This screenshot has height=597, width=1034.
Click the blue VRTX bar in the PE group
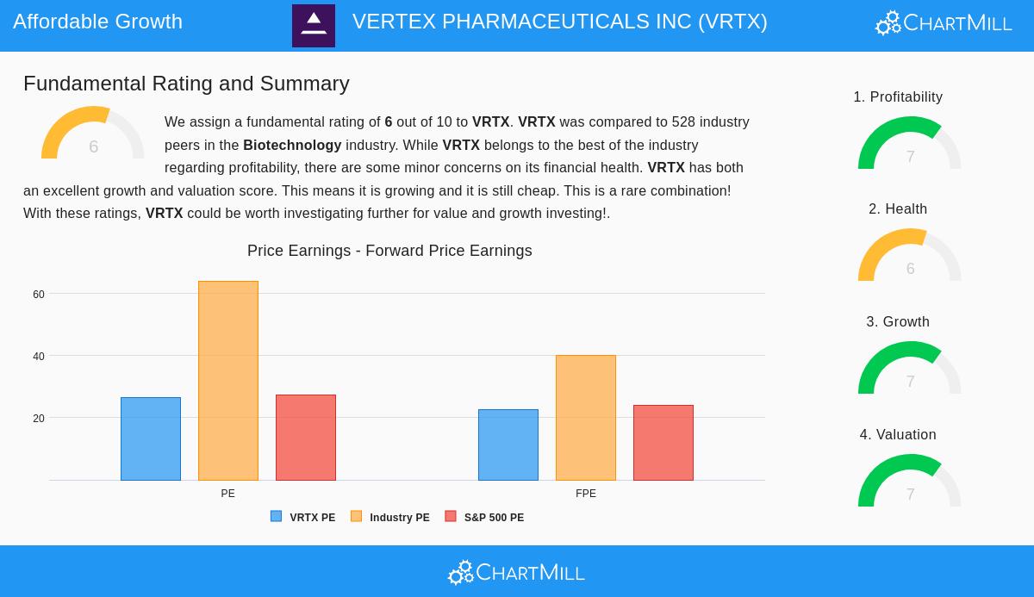coord(151,438)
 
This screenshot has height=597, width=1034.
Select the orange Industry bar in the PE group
coord(228,381)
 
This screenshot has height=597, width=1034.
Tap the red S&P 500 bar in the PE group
coord(306,438)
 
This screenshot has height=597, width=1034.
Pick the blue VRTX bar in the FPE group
coord(508,445)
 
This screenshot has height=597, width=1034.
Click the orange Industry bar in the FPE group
coord(586,418)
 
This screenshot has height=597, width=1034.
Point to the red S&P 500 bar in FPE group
coord(663,443)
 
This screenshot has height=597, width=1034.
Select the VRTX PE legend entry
coord(303,517)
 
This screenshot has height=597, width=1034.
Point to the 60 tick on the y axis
coord(39,295)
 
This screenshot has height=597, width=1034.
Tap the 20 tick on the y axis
coord(39,419)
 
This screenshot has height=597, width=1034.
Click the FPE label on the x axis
coord(586,494)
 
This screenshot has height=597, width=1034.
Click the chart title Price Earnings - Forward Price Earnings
coord(389,251)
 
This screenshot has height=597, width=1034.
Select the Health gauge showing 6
coord(910,257)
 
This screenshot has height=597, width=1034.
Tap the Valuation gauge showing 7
coord(910,482)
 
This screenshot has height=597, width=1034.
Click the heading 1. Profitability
coord(898,97)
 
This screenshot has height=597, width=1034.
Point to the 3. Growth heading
coord(898,322)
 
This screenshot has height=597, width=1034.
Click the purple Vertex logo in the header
coord(314,26)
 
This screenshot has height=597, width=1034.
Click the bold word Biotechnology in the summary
coord(292,145)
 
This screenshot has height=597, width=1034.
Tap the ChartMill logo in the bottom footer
coord(516,572)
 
